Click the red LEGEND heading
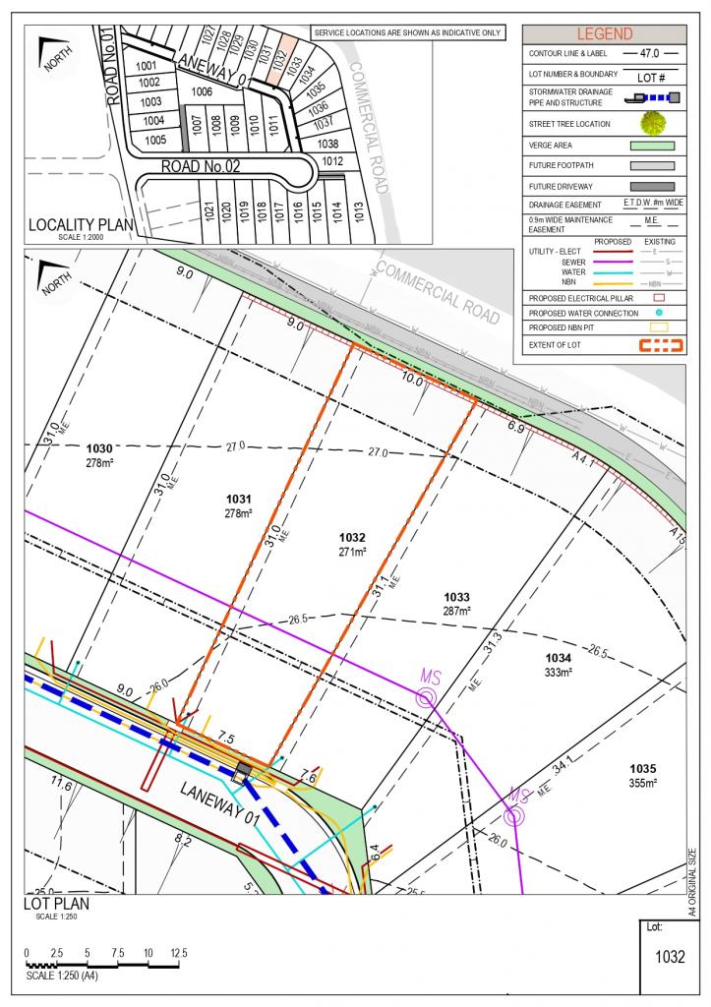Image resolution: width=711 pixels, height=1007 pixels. point(604,33)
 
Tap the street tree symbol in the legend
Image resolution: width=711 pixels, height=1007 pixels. point(650,124)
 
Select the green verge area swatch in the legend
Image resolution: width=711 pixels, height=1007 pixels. point(650,146)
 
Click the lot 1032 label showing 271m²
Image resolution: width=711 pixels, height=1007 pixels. point(352,545)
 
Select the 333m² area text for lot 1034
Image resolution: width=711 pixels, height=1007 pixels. point(558,673)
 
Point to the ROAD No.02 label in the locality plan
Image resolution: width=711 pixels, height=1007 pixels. point(201,167)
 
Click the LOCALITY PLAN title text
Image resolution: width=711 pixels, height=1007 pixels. point(81,224)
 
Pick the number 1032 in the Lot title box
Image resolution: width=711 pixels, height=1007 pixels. point(669,957)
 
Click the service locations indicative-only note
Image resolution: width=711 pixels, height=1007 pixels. point(407,32)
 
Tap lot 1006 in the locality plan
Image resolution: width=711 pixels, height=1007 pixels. point(203,91)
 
